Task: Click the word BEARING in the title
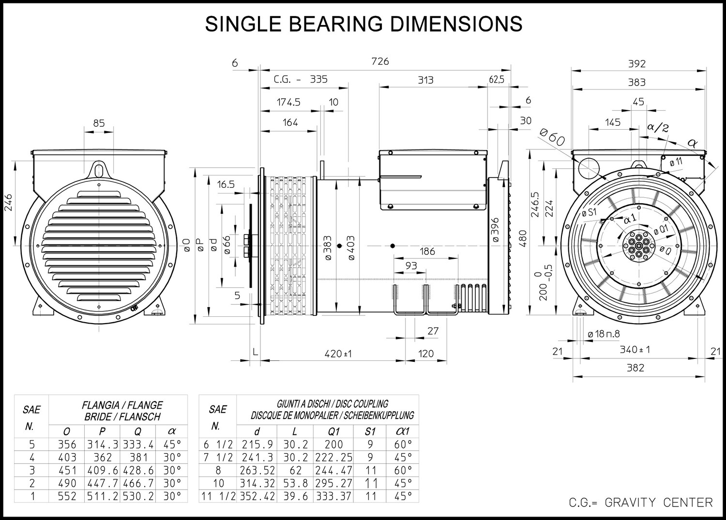pyautogui.click(x=336, y=24)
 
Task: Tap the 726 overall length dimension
pyautogui.click(x=380, y=61)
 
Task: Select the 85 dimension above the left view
pyautogui.click(x=99, y=123)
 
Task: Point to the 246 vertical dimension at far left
pyautogui.click(x=8, y=203)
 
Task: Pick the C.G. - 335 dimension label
pyautogui.click(x=301, y=79)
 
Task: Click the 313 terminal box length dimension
pyautogui.click(x=425, y=80)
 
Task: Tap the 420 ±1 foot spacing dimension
pyautogui.click(x=338, y=354)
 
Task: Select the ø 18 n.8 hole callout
pyautogui.click(x=604, y=334)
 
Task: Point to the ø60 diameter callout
pyautogui.click(x=552, y=137)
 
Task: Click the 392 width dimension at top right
pyautogui.click(x=637, y=63)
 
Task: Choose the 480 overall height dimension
pyautogui.click(x=523, y=239)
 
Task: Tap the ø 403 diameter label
pyautogui.click(x=351, y=248)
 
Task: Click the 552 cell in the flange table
pyautogui.click(x=67, y=496)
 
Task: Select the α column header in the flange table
pyautogui.click(x=172, y=431)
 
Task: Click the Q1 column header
pyautogui.click(x=334, y=431)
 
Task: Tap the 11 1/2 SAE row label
pyautogui.click(x=218, y=496)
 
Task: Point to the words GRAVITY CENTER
pyautogui.click(x=659, y=503)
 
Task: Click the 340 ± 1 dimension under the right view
pyautogui.click(x=635, y=350)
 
